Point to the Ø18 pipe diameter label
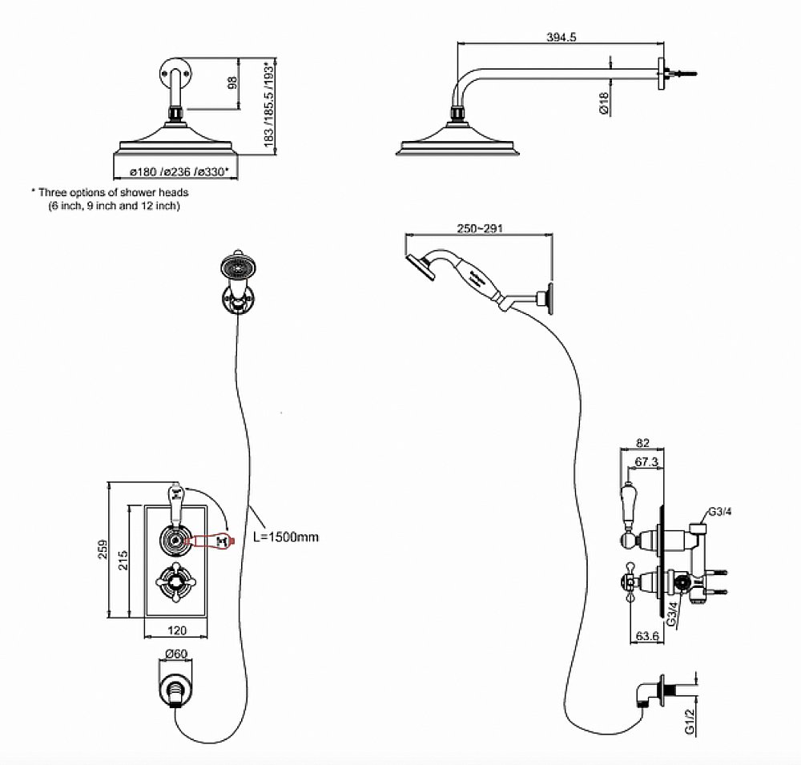pyautogui.click(x=605, y=102)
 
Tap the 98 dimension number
pyautogui.click(x=233, y=83)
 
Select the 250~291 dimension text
pyautogui.click(x=479, y=228)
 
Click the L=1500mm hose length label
pyautogui.click(x=286, y=536)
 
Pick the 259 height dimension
pyautogui.click(x=101, y=550)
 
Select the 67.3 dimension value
pyautogui.click(x=646, y=462)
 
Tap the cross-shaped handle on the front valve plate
pyautogui.click(x=175, y=581)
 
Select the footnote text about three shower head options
pyautogui.click(x=111, y=199)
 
